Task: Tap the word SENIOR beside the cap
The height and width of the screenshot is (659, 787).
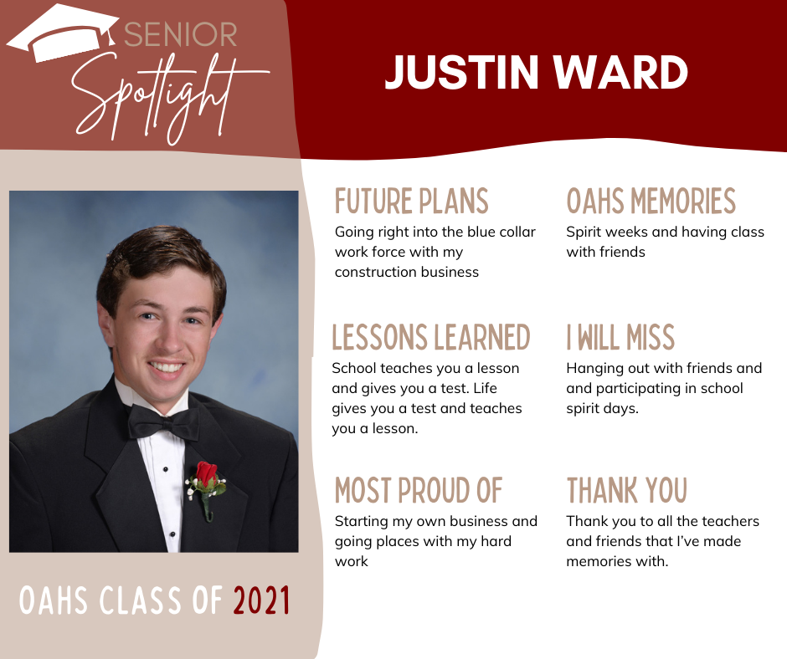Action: pyautogui.click(x=180, y=34)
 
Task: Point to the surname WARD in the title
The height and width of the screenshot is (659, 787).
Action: pyautogui.click(x=620, y=72)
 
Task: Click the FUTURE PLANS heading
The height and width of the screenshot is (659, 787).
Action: pyautogui.click(x=412, y=201)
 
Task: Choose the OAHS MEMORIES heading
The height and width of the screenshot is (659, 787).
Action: pyautogui.click(x=651, y=201)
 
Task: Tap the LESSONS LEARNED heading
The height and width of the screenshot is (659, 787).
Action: pyautogui.click(x=431, y=337)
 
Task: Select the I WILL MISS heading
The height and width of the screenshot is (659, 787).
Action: pyautogui.click(x=620, y=337)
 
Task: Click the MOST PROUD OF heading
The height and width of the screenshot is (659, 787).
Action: pyautogui.click(x=419, y=490)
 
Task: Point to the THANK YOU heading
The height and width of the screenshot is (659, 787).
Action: pyautogui.click(x=627, y=490)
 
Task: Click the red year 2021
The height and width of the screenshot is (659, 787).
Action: pyautogui.click(x=261, y=600)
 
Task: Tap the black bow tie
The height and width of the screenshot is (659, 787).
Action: pyautogui.click(x=162, y=423)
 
